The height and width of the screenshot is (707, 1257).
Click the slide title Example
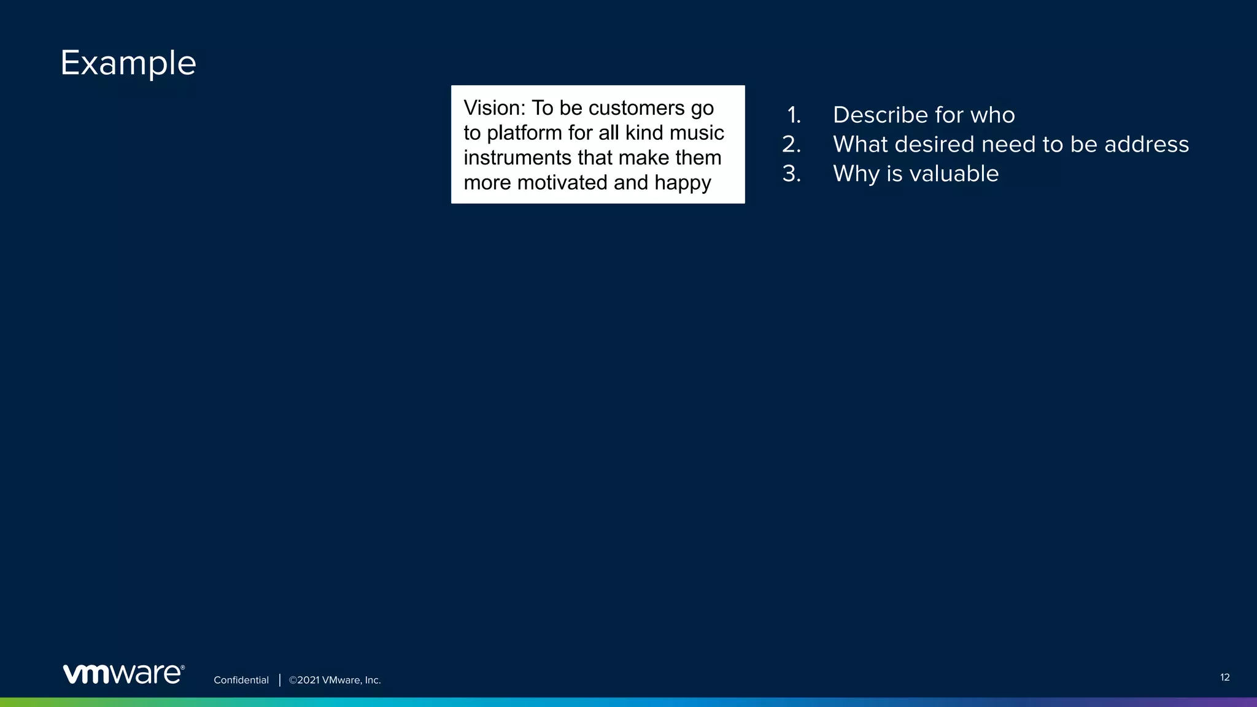(128, 63)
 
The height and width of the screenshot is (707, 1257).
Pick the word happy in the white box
(683, 184)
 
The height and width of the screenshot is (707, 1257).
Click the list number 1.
(794, 115)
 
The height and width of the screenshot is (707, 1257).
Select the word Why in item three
(856, 174)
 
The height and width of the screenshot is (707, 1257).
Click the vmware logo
(123, 674)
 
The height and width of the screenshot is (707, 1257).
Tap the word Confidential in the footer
(241, 680)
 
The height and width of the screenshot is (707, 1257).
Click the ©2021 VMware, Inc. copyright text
(335, 680)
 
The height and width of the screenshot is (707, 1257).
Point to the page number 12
(1224, 678)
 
